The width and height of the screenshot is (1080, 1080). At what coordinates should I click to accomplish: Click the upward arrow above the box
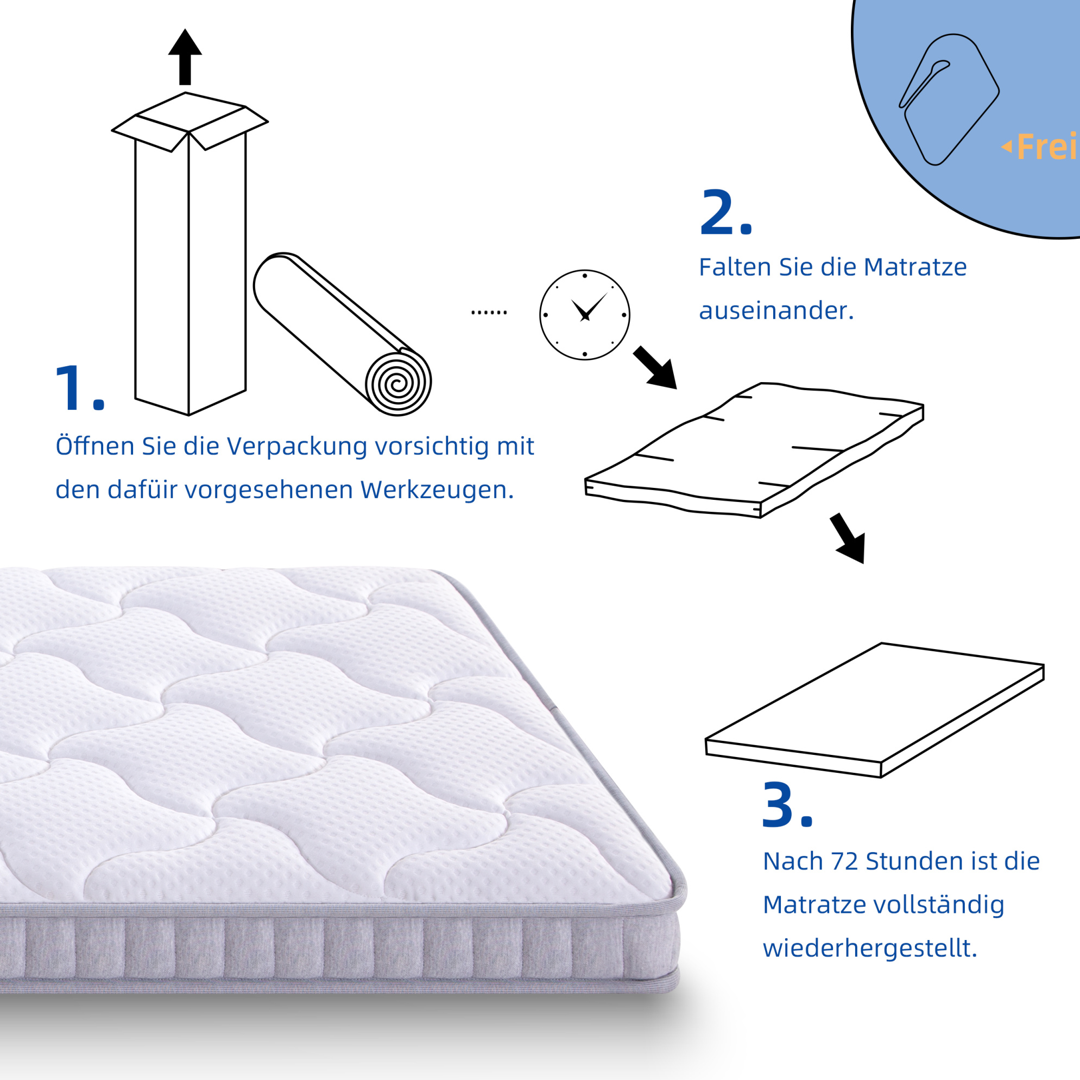(x=185, y=57)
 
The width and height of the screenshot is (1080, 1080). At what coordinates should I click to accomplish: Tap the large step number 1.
(x=80, y=388)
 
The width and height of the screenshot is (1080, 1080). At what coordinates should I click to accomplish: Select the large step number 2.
(x=725, y=212)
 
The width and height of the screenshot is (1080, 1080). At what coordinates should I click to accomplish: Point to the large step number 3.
(x=787, y=805)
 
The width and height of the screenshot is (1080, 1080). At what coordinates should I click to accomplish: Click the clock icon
(x=584, y=315)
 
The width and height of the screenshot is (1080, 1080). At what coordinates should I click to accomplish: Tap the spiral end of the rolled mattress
(x=398, y=384)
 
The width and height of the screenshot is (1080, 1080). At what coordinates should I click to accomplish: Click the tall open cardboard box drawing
(x=190, y=254)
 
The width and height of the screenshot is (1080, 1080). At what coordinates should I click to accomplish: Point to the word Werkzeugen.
(x=437, y=490)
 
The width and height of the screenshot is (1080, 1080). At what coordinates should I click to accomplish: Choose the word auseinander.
(x=776, y=311)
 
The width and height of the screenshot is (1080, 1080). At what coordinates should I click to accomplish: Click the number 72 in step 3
(x=844, y=861)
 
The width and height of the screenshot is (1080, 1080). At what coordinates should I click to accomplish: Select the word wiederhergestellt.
(x=870, y=949)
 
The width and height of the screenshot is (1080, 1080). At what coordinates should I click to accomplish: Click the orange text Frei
(x=1046, y=147)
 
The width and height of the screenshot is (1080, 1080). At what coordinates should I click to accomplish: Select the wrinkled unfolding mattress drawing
(x=754, y=450)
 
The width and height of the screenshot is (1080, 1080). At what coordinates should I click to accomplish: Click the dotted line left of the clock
(x=489, y=313)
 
